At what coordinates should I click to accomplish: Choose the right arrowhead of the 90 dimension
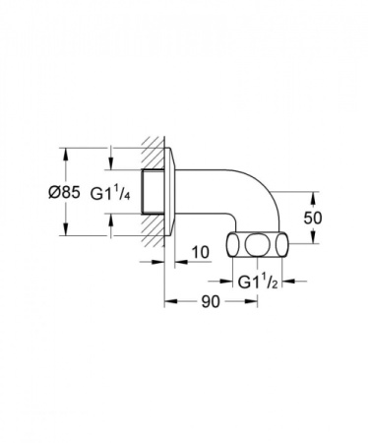point(250,303)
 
